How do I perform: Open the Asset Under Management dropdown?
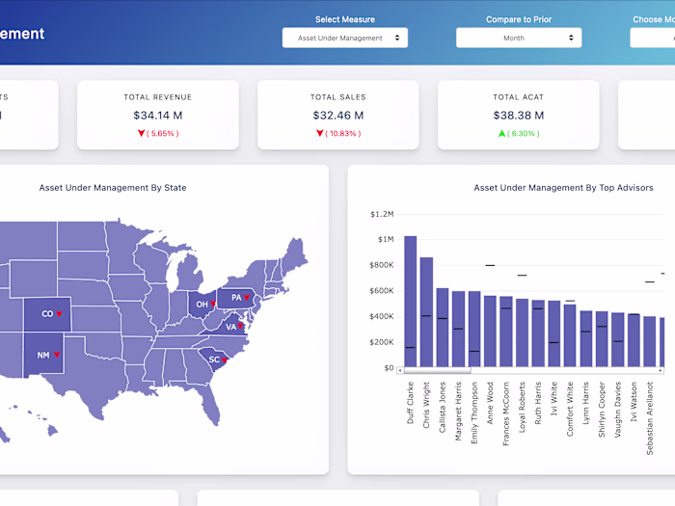pos(344,38)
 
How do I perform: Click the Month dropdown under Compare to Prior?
pos(519,38)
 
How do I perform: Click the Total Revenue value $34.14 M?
pos(157,116)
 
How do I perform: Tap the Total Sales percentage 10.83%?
pos(342,134)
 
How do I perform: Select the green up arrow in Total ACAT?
pos(501,134)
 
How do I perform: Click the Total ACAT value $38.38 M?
pos(519,116)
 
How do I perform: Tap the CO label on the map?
pos(47,314)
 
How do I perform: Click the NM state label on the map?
pos(43,355)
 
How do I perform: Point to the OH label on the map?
pos(202,305)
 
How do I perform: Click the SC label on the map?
pos(214,360)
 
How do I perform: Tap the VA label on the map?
pos(230,327)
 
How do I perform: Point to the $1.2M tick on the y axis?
pos(382,214)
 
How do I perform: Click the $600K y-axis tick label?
pos(382,291)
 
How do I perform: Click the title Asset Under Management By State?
pos(113,188)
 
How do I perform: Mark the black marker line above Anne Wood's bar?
pos(490,265)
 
